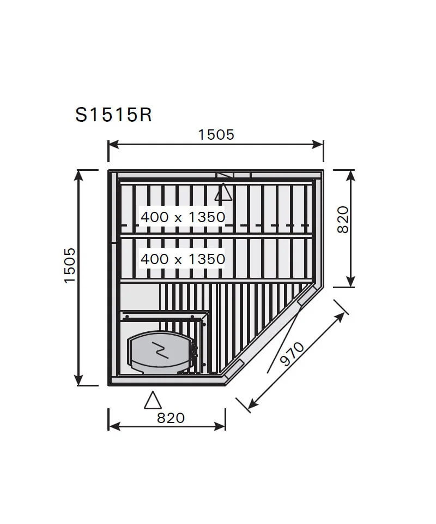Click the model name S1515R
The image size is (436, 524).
tap(113, 115)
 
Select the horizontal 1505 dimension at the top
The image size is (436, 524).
tap(216, 134)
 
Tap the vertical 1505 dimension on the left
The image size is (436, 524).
tap(70, 265)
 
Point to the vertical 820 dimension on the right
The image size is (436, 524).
tap(342, 219)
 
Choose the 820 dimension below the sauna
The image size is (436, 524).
tap(171, 418)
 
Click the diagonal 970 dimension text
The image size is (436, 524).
tap(292, 353)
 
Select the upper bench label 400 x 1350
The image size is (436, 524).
tap(183, 217)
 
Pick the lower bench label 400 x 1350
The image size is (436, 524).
tap(183, 258)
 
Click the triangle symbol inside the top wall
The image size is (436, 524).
tap(223, 193)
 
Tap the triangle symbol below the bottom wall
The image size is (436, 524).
tap(153, 401)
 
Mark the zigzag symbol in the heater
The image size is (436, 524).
tap(159, 349)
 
